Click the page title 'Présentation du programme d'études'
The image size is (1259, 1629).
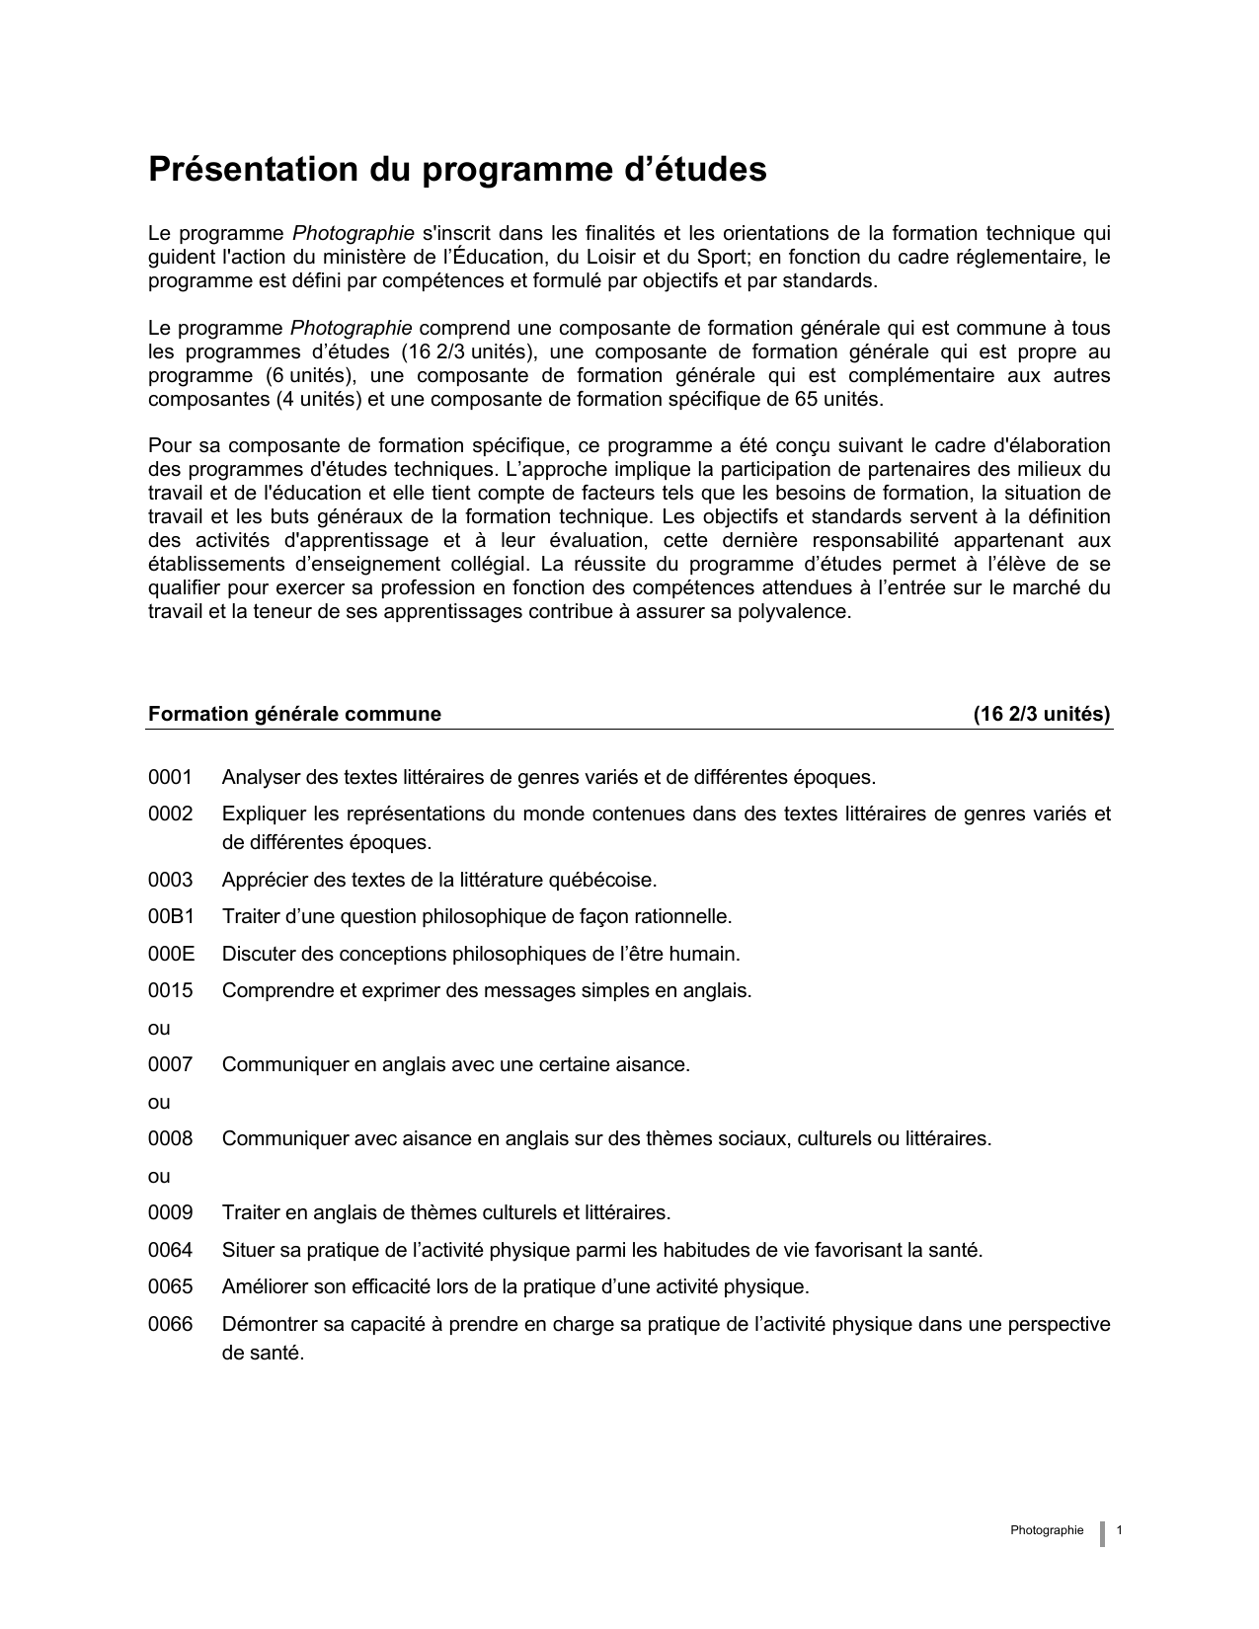click(x=457, y=170)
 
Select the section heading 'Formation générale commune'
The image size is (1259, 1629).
click(x=294, y=714)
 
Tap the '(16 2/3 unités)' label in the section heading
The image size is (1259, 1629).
click(x=1042, y=714)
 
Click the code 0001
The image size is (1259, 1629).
click(x=170, y=778)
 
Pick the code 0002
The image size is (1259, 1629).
click(x=170, y=814)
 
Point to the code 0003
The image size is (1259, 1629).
click(x=170, y=880)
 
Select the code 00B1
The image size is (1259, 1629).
click(x=171, y=916)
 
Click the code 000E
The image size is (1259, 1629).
click(x=171, y=954)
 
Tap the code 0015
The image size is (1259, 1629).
click(x=170, y=990)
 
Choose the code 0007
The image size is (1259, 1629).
click(x=170, y=1064)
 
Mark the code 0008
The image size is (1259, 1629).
click(x=170, y=1138)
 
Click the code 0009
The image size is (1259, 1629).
click(x=170, y=1212)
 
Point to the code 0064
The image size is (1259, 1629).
click(x=170, y=1250)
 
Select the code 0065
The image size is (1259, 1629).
click(x=170, y=1287)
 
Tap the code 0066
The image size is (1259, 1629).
click(x=170, y=1324)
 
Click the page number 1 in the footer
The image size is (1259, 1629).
click(x=1119, y=1530)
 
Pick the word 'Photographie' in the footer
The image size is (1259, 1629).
click(x=1047, y=1530)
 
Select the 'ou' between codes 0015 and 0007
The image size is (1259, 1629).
click(x=159, y=1028)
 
